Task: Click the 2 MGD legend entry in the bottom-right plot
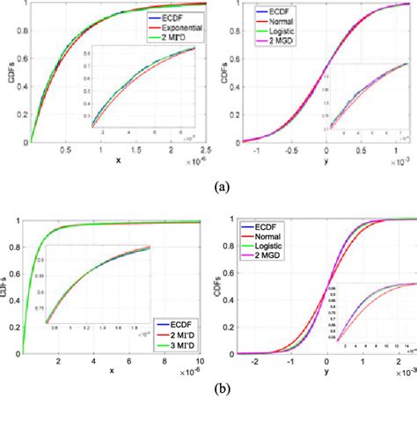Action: click(274, 255)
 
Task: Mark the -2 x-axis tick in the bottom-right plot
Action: click(256, 362)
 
